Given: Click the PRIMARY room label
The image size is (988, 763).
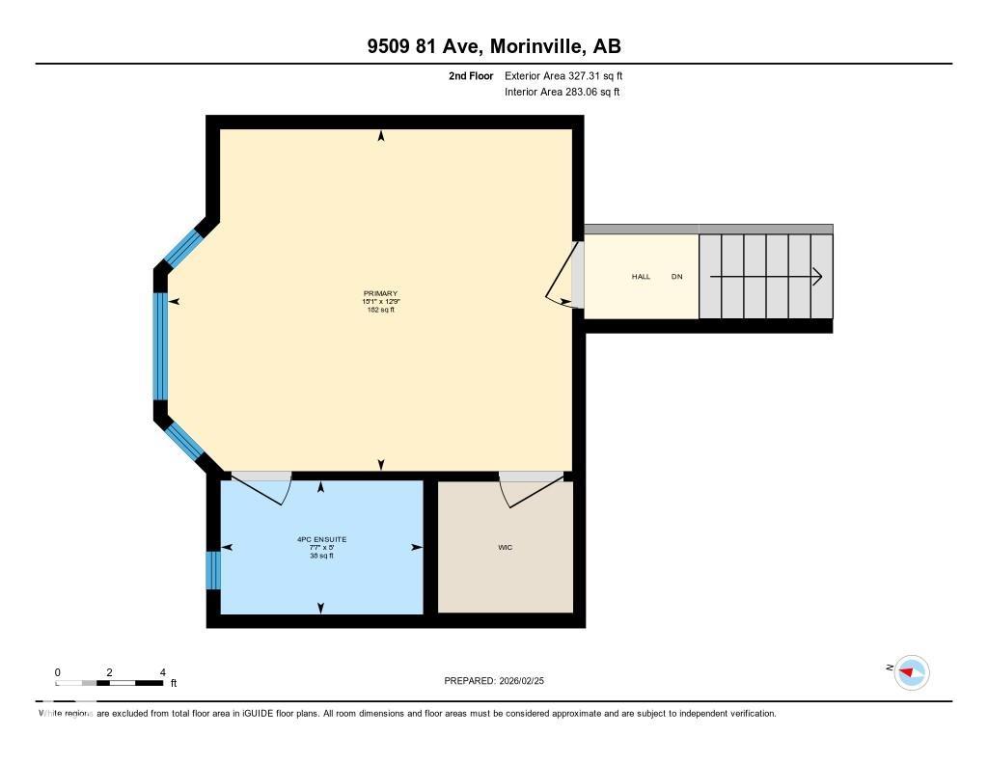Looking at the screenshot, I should coord(380,293).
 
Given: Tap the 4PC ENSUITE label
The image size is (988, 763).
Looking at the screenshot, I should coord(321,538).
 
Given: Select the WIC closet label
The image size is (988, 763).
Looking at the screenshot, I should coord(505,547).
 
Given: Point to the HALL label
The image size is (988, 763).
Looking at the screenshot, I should coord(641,277).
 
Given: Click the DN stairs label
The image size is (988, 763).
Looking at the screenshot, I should coord(676,277).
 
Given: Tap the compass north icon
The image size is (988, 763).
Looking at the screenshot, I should coord(911,671).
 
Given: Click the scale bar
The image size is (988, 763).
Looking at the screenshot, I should coord(109,683).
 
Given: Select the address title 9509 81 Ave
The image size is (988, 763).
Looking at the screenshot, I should coord(493,46).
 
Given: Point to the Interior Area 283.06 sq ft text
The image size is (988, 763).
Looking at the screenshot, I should coord(562,93).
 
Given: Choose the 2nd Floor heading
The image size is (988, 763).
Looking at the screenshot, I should coord(471,75).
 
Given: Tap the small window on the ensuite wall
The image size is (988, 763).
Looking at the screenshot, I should coord(213,569).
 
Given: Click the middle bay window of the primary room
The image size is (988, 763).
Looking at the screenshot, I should coord(160,345).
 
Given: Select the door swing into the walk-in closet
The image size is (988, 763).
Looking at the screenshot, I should coord(529,490).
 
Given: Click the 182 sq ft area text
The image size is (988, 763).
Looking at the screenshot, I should coord(380,310).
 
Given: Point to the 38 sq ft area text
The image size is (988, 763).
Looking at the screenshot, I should coord(321,556).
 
